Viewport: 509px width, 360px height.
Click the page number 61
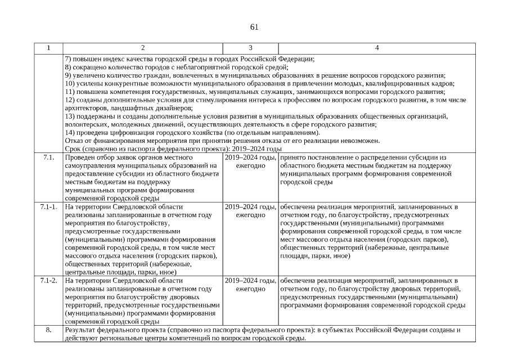pos(254,27)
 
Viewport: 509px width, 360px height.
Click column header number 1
pos(48,48)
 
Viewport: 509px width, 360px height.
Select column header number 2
pos(143,48)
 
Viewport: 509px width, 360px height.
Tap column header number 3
pos(250,48)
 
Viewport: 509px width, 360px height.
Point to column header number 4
pos(377,48)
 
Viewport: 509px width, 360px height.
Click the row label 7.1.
pos(48,158)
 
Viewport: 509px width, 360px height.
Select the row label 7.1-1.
pos(48,207)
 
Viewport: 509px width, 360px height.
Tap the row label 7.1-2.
pos(48,280)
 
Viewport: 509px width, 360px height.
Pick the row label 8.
pos(48,330)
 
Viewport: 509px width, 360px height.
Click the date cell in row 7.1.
pos(250,162)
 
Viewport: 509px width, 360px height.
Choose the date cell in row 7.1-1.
pos(250,211)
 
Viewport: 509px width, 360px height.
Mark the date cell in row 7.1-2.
pos(250,284)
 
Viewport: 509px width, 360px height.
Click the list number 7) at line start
pos(68,59)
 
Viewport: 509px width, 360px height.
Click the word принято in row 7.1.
pos(293,158)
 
